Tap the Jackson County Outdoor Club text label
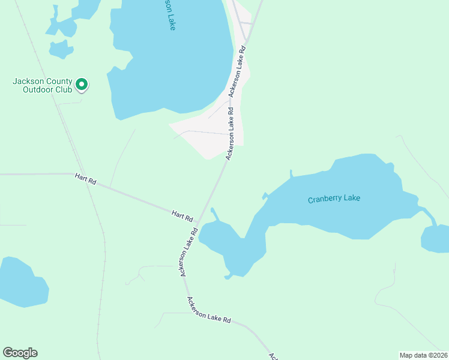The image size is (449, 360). (43, 86)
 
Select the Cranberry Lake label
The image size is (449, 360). (334, 199)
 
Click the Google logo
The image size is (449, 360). (20, 353)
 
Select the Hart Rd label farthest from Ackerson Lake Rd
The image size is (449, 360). (85, 179)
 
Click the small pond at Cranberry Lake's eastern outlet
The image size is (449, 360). (436, 239)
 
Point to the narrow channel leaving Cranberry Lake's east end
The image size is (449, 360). (427, 214)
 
